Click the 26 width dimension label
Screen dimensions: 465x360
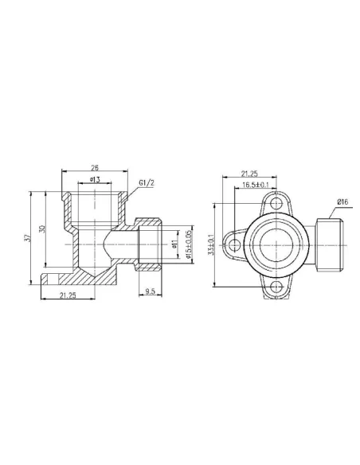coord(95,168)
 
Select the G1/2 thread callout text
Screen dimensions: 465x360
coord(147,184)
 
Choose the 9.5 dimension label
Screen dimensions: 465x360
coord(150,292)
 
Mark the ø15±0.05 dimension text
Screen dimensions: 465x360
coord(188,244)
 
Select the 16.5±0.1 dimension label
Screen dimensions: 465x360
coord(256,186)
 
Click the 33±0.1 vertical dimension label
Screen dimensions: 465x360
coord(212,248)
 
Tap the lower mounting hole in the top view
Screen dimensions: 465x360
coord(276,287)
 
